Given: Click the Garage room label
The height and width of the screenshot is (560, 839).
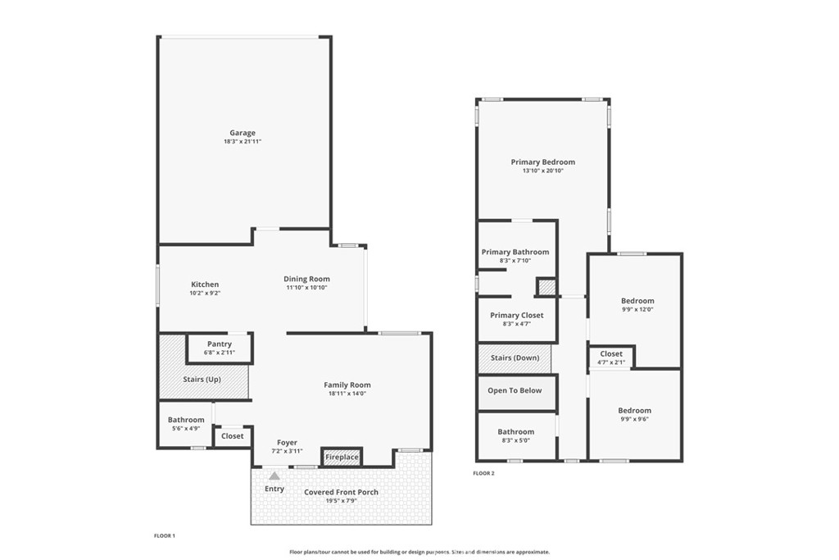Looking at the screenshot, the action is pyautogui.click(x=243, y=133).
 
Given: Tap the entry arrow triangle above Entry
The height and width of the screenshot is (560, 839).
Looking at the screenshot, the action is pyautogui.click(x=274, y=476).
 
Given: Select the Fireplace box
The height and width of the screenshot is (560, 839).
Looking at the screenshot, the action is pyautogui.click(x=342, y=457).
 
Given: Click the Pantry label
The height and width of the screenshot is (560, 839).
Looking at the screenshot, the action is pyautogui.click(x=220, y=344).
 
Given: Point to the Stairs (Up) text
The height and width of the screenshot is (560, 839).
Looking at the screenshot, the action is pyautogui.click(x=202, y=380).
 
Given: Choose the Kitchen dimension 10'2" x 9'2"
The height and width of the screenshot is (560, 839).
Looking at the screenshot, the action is pyautogui.click(x=205, y=294).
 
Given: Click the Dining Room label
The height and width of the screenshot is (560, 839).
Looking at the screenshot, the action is pyautogui.click(x=306, y=279).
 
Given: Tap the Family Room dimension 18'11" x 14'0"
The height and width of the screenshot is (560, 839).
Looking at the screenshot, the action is pyautogui.click(x=347, y=394).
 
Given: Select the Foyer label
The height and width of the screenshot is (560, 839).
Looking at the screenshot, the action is pyautogui.click(x=287, y=443).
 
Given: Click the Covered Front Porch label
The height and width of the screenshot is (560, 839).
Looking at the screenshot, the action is pyautogui.click(x=342, y=492).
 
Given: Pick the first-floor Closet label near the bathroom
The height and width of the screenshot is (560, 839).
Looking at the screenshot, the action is pyautogui.click(x=232, y=436).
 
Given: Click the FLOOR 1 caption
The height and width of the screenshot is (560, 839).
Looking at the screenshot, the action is pyautogui.click(x=164, y=536).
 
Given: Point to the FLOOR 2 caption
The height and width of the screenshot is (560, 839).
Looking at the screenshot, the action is pyautogui.click(x=483, y=473).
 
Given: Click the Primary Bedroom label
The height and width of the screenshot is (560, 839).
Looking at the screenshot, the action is pyautogui.click(x=543, y=162).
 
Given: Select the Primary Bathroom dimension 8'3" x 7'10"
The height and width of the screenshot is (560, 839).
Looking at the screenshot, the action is pyautogui.click(x=515, y=261).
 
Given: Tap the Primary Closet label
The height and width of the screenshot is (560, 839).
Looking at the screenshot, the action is pyautogui.click(x=517, y=316).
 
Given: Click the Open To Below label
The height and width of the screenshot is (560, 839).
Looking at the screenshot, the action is pyautogui.click(x=515, y=391).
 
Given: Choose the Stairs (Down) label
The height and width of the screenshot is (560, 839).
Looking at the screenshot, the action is pyautogui.click(x=515, y=357).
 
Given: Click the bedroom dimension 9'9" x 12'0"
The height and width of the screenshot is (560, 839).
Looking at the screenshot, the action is pyautogui.click(x=637, y=309).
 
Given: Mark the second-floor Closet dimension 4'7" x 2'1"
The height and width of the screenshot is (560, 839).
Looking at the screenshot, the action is pyautogui.click(x=611, y=362).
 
